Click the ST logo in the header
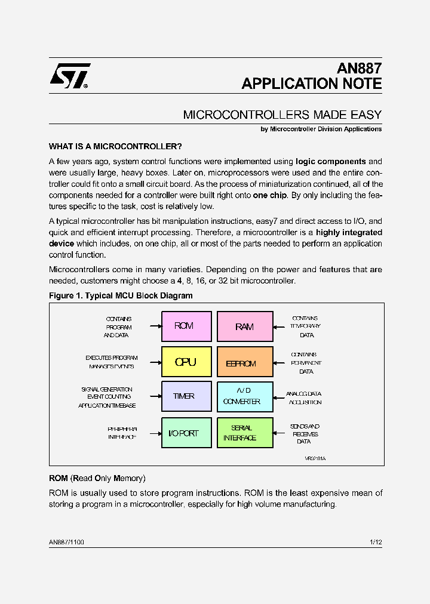click(70, 76)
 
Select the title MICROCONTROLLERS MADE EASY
click(282, 115)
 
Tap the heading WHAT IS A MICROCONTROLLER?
click(115, 146)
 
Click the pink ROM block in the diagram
click(186, 326)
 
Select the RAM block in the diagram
click(244, 326)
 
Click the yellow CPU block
click(186, 362)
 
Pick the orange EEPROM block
click(244, 362)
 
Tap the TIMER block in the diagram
click(186, 396)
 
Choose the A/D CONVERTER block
click(244, 396)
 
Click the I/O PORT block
click(186, 433)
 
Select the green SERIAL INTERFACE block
click(244, 433)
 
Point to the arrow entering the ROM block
click(155, 326)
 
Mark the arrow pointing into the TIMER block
click(155, 396)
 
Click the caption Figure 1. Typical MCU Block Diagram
click(121, 295)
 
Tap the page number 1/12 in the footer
click(376, 542)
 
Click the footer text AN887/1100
click(66, 542)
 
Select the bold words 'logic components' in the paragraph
click(331, 162)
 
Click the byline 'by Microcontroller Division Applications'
click(321, 129)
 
